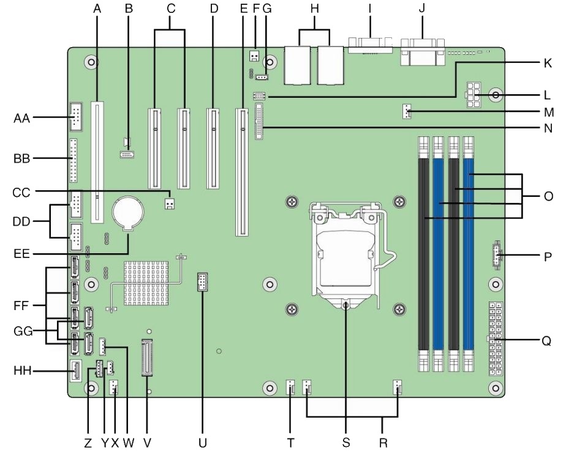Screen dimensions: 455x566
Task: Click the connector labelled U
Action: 202,283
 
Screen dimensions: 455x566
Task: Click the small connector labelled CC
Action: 170,202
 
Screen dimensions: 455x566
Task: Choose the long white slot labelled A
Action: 97,161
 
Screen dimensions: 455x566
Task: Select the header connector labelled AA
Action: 75,116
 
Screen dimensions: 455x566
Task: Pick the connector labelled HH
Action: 75,369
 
